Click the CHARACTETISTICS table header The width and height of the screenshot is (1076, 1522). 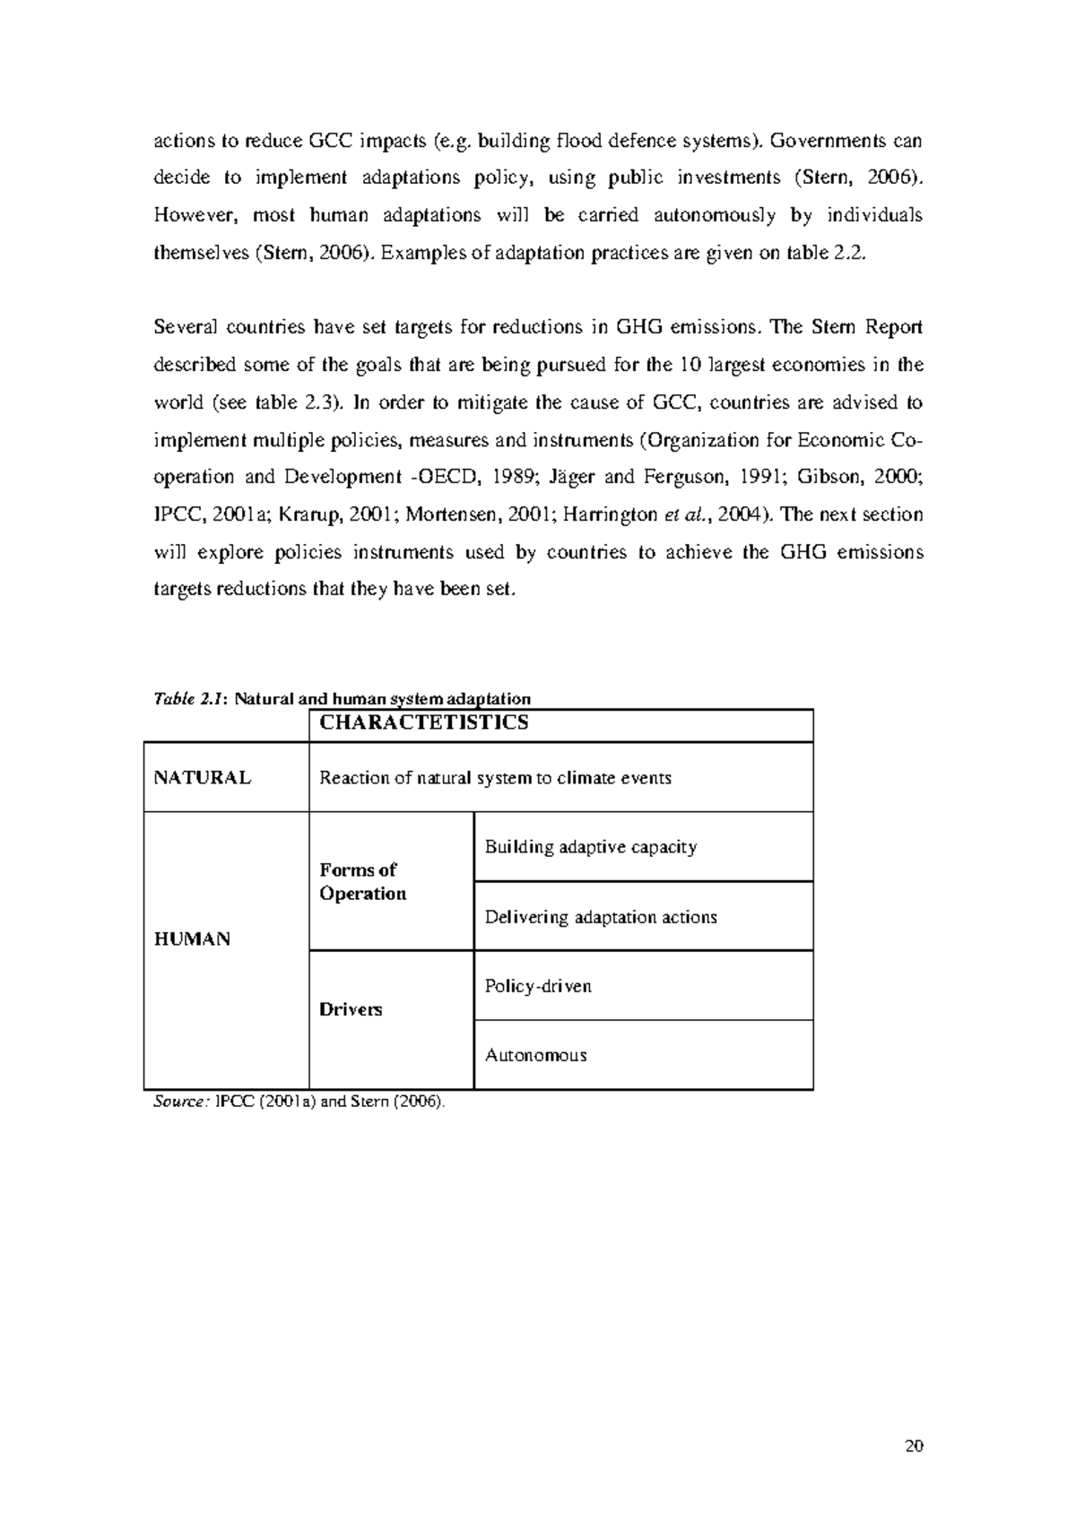(424, 723)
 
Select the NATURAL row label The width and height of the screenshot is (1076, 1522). (202, 778)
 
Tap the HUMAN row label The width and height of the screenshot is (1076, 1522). (192, 939)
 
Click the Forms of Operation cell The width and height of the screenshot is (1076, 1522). (362, 882)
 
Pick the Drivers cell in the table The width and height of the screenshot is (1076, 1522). (351, 1009)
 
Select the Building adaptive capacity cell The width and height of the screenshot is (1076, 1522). (590, 847)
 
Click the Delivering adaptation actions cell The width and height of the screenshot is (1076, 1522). (601, 917)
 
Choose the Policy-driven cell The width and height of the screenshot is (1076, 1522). (538, 986)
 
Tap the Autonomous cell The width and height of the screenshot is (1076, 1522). (535, 1055)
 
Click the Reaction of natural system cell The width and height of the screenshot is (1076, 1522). (495, 778)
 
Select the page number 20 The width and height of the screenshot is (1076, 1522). (914, 1446)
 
